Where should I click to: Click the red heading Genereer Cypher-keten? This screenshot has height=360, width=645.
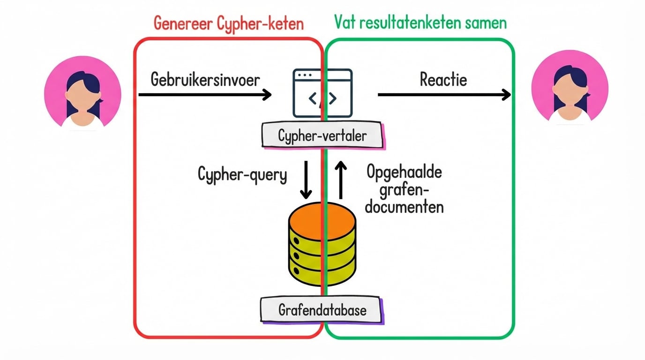[229, 23]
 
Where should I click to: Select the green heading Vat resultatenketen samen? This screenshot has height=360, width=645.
[420, 22]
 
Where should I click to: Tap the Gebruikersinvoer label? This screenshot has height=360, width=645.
[205, 80]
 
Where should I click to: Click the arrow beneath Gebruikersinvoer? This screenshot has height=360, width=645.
[205, 95]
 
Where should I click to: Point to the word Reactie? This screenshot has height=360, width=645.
[443, 80]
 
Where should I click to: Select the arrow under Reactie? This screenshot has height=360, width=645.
[444, 95]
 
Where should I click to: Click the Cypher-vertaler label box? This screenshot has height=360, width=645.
[322, 136]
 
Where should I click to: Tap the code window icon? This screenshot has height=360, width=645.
[322, 93]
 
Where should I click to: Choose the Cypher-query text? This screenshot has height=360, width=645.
[242, 175]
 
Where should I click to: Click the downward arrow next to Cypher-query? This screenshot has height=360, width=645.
[306, 180]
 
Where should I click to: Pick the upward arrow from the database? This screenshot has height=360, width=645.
[341, 180]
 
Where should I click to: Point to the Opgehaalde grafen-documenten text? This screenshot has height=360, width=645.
[404, 189]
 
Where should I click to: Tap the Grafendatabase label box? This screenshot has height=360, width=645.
[322, 309]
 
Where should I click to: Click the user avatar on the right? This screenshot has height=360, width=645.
[570, 90]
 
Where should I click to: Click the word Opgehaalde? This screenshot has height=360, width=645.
[404, 173]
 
